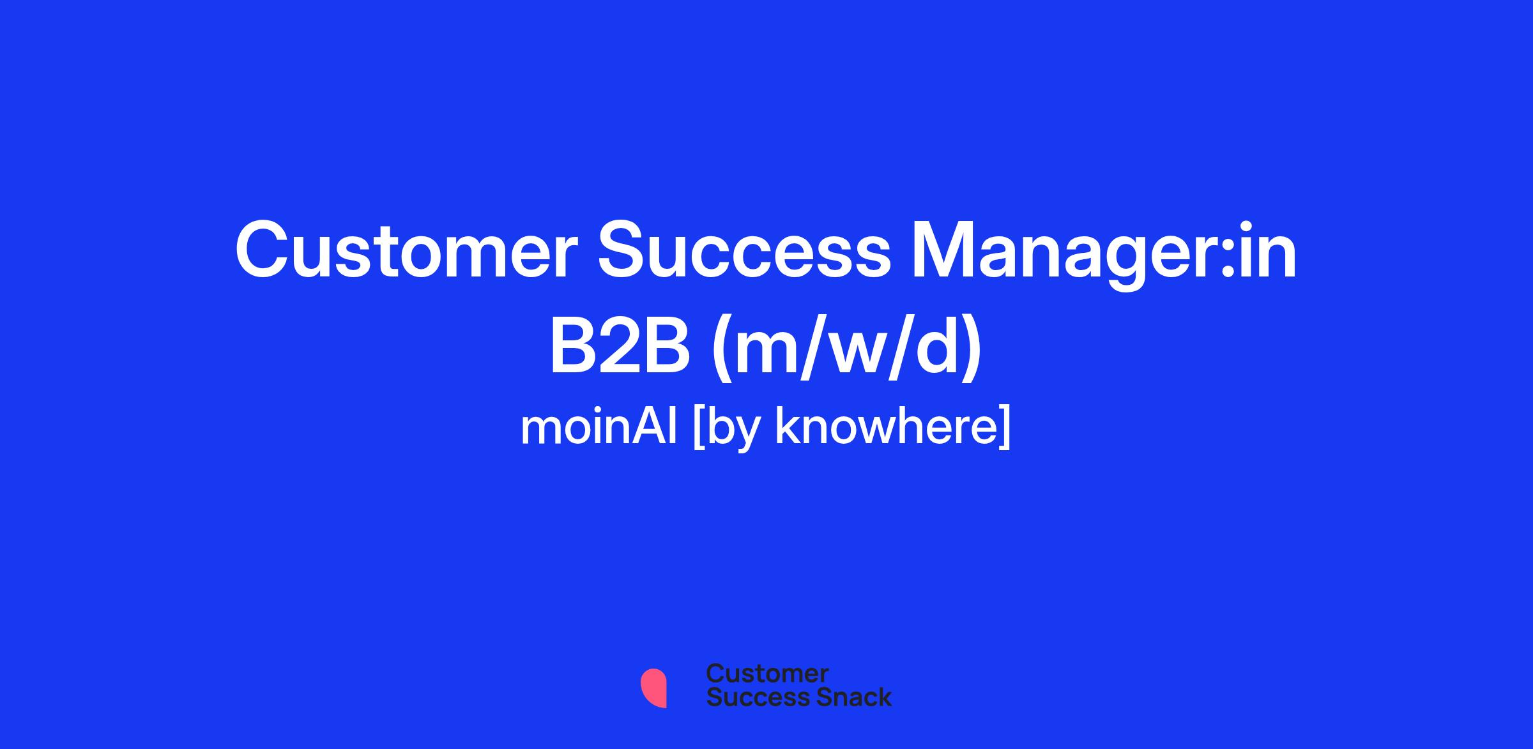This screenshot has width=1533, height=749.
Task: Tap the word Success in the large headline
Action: point(744,250)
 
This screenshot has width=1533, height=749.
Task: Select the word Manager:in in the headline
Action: point(1104,254)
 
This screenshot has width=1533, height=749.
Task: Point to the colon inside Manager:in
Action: point(1227,259)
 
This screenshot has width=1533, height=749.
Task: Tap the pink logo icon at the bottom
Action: point(653,688)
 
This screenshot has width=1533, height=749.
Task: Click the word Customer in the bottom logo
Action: point(767,674)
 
